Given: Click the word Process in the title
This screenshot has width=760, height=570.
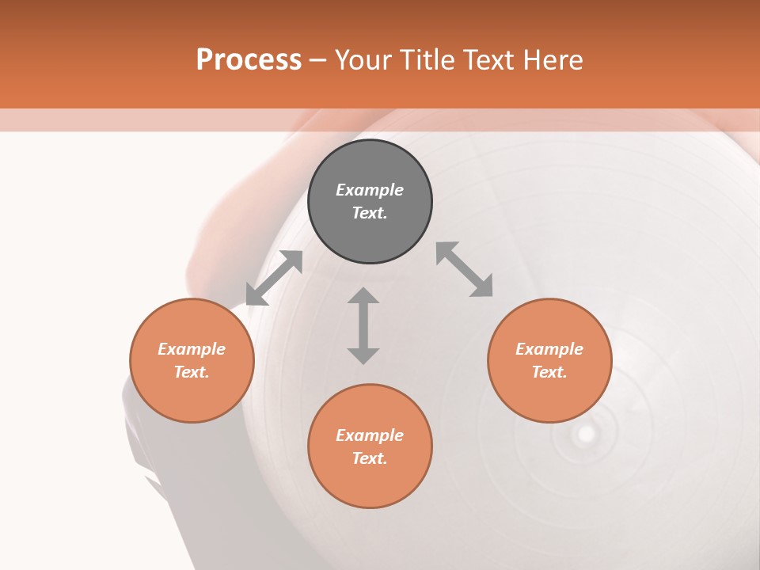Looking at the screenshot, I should pyautogui.click(x=249, y=60).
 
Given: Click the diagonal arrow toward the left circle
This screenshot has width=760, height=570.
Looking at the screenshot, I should pyautogui.click(x=274, y=278).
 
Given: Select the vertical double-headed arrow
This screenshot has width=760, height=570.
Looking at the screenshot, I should pyautogui.click(x=363, y=325).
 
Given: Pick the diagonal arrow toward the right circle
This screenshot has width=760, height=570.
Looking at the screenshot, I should pyautogui.click(x=465, y=269).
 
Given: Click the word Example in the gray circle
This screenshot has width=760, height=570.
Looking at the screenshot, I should pyautogui.click(x=370, y=190).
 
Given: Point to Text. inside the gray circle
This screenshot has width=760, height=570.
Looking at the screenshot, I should pyautogui.click(x=370, y=213).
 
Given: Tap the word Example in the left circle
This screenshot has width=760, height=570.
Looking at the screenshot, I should pyautogui.click(x=192, y=349).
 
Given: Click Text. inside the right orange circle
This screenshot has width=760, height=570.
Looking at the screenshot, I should pyautogui.click(x=549, y=372).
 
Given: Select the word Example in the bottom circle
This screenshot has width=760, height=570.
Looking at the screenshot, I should pyautogui.click(x=370, y=435).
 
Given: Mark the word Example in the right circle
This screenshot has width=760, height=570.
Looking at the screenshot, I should pyautogui.click(x=549, y=349).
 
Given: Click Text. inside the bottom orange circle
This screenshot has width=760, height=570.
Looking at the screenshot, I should pyautogui.click(x=370, y=458).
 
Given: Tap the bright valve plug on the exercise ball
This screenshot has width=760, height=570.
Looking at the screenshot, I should pyautogui.click(x=586, y=433).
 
